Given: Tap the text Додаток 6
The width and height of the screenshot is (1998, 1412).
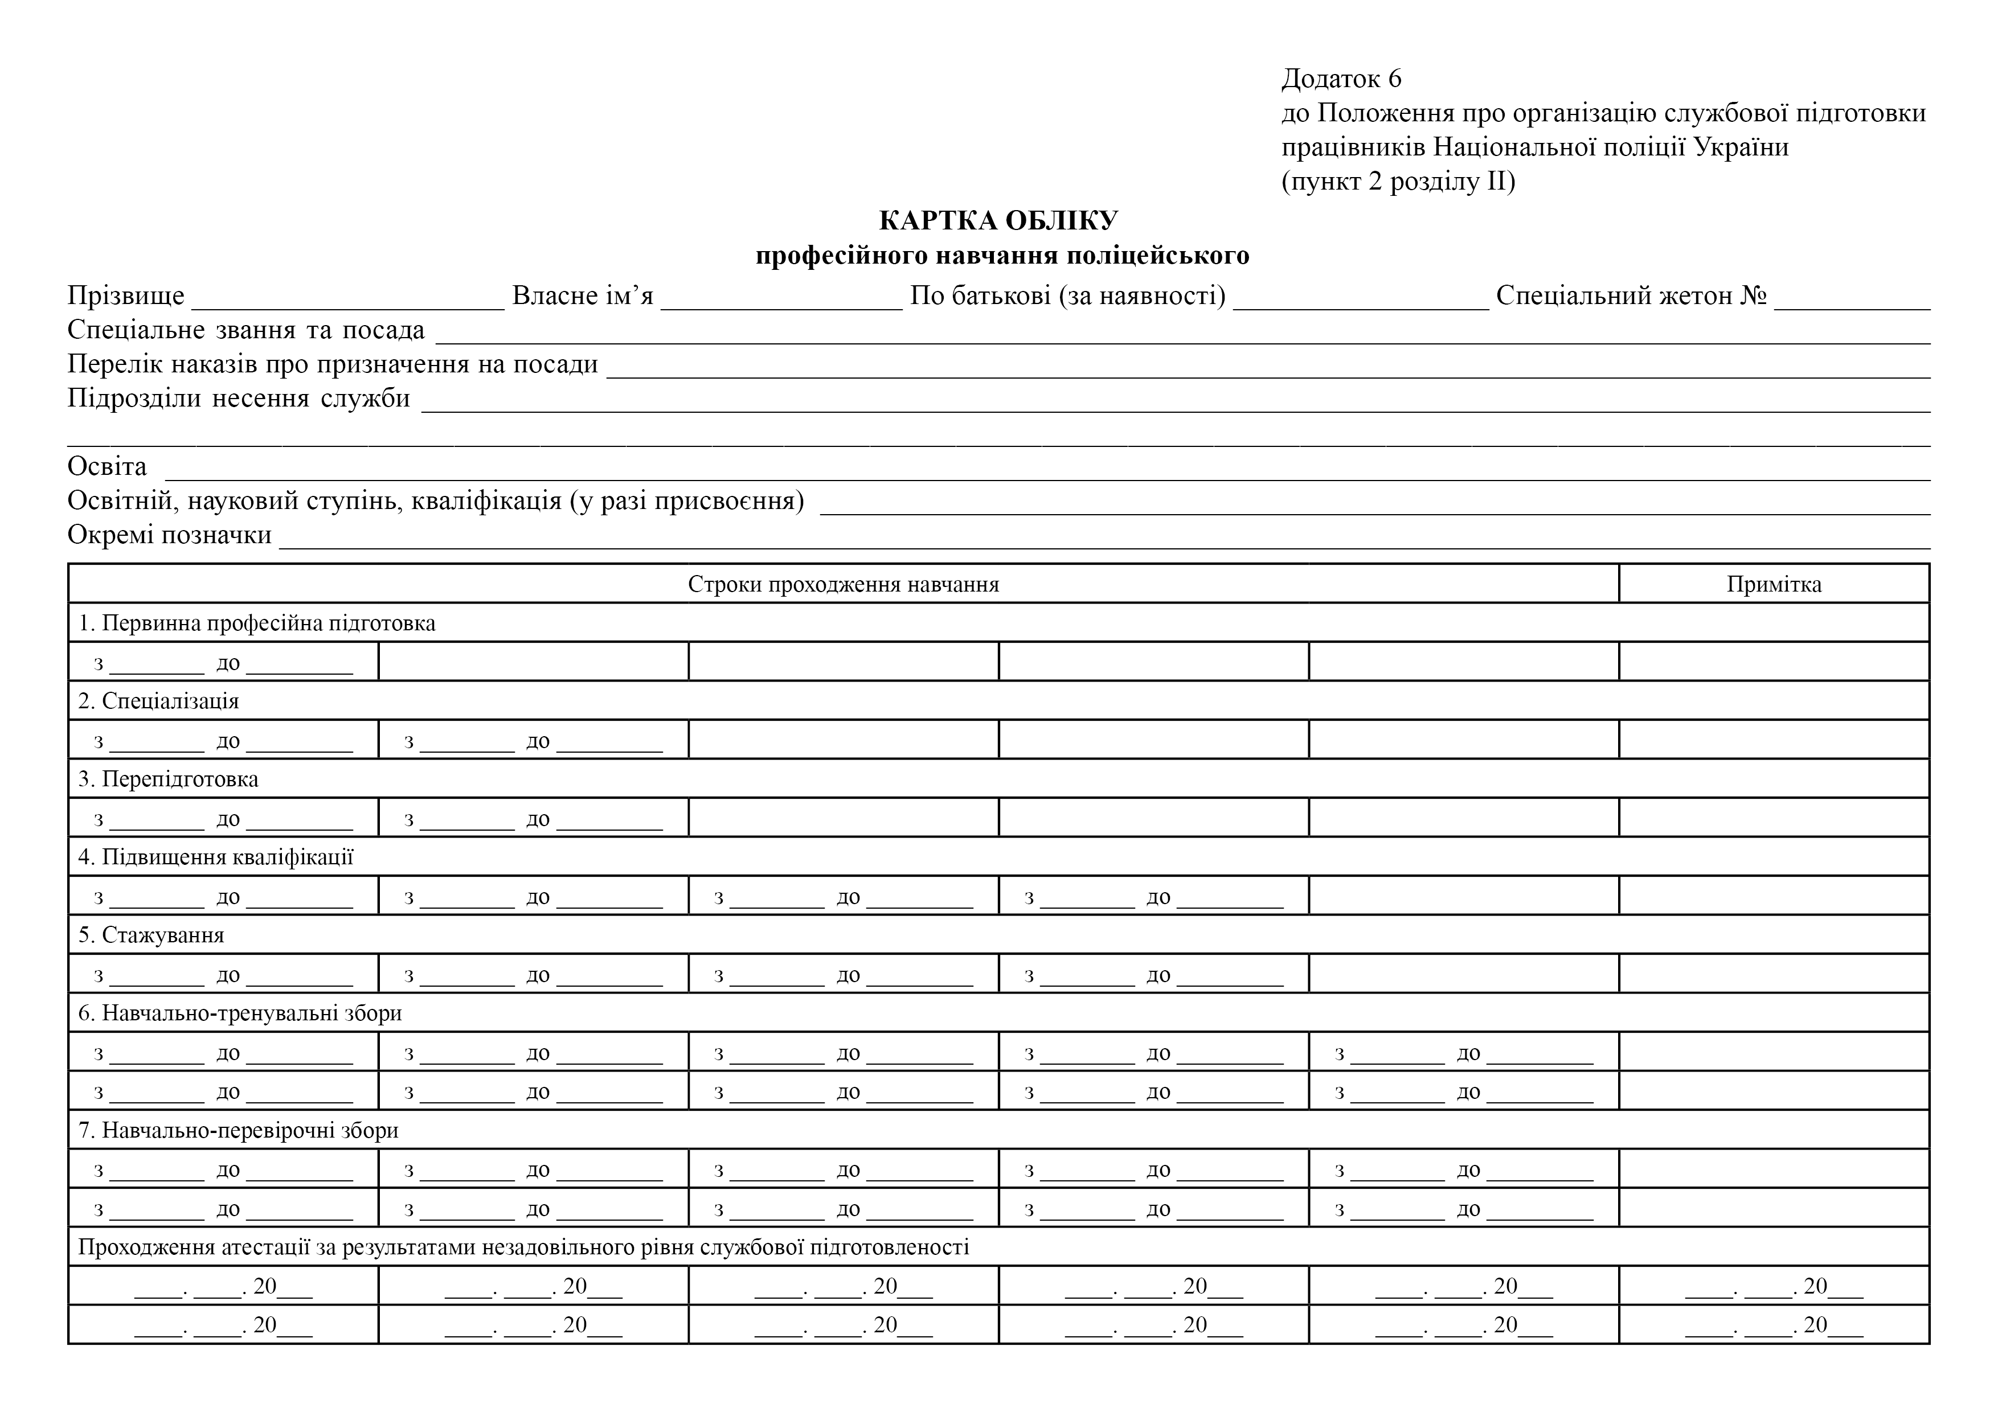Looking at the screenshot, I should click(x=1341, y=79).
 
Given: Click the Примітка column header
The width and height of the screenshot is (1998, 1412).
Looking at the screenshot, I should click(x=1774, y=584).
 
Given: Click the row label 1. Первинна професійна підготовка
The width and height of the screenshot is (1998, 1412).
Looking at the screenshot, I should click(x=257, y=623).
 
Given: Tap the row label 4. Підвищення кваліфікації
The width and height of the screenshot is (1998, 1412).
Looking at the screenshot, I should click(x=216, y=857).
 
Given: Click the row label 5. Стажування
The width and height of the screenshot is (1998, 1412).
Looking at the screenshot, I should click(x=152, y=935).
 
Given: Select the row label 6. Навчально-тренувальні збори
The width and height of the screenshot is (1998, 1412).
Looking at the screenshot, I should click(x=240, y=1013).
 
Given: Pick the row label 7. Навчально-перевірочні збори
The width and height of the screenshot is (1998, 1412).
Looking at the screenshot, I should click(x=239, y=1131).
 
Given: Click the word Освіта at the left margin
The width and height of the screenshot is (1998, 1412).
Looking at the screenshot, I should click(x=107, y=467).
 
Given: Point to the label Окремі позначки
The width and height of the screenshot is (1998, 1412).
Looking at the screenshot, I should click(x=170, y=535).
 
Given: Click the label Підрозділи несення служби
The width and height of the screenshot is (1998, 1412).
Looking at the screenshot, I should click(x=239, y=399).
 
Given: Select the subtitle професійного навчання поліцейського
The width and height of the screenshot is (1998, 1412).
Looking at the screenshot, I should click(x=1002, y=256).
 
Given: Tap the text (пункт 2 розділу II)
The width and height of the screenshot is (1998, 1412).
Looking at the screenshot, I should click(x=1398, y=182).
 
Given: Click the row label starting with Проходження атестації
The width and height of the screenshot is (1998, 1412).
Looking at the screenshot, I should click(x=523, y=1247).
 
